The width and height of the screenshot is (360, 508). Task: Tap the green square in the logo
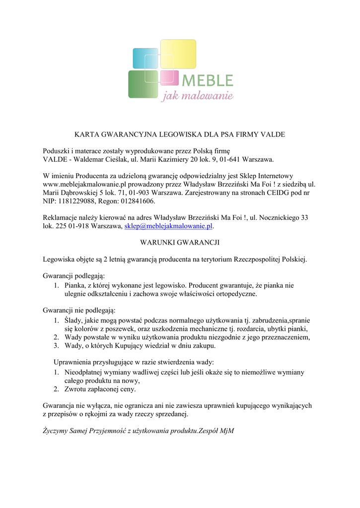click(x=143, y=84)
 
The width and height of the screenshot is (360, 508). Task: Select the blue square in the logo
click(x=144, y=58)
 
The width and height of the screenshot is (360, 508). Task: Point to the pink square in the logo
click(x=169, y=78)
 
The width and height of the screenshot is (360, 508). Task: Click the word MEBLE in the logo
click(x=208, y=80)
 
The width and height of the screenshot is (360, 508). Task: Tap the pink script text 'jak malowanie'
click(x=197, y=95)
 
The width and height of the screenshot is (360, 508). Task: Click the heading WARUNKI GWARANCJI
click(x=180, y=243)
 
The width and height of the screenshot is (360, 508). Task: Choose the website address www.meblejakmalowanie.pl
click(x=82, y=184)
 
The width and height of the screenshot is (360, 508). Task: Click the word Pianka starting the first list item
click(x=75, y=285)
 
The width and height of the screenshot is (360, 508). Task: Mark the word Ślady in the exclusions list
click(x=74, y=320)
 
